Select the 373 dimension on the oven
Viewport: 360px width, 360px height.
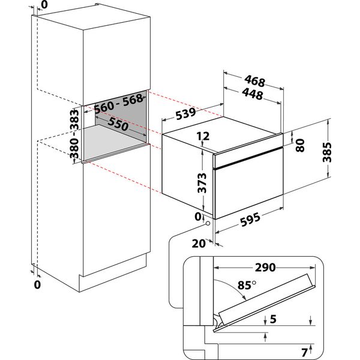tap(202, 179)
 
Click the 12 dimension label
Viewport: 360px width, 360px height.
tap(202, 137)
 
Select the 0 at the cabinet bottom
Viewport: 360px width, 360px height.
tap(37, 284)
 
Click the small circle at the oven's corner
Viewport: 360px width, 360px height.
tap(208, 223)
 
